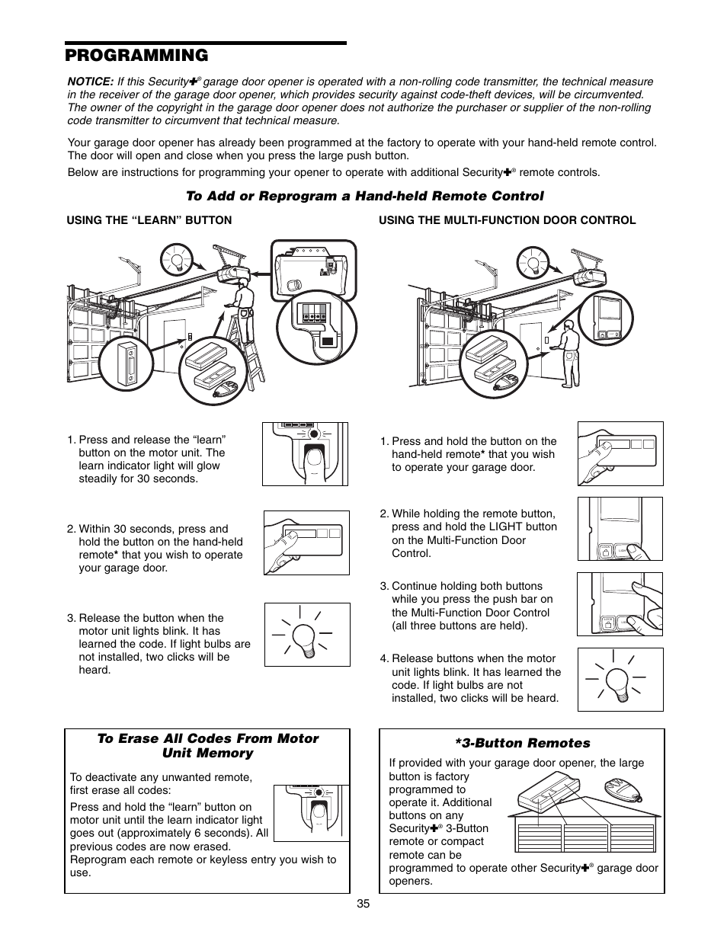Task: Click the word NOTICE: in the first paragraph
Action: [91, 82]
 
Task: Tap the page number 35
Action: [363, 904]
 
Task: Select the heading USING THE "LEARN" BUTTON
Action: [149, 220]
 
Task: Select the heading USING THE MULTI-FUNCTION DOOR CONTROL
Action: [507, 220]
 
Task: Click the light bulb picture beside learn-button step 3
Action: [307, 635]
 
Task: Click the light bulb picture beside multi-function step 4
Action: [620, 679]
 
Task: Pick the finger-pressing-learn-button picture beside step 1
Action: [306, 454]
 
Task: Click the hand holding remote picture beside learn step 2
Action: [306, 543]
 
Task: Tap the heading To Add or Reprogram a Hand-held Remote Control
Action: [365, 196]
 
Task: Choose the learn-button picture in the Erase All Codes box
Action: [311, 811]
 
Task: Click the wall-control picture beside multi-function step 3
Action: [620, 604]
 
